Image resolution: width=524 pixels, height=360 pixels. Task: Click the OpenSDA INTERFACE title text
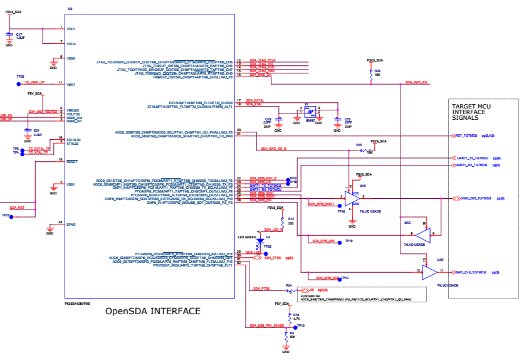[153, 311]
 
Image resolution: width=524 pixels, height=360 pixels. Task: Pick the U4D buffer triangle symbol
[430, 272]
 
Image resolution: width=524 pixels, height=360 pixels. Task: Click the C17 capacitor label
[19, 34]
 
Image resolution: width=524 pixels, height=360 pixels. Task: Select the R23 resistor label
[378, 71]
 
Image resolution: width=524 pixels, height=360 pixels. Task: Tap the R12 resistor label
[291, 219]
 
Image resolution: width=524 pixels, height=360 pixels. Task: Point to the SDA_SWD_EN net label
[416, 82]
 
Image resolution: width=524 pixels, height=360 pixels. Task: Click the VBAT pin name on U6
[71, 84]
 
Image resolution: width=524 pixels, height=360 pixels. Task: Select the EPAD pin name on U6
[71, 223]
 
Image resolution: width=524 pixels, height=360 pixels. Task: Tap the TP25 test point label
[20, 76]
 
